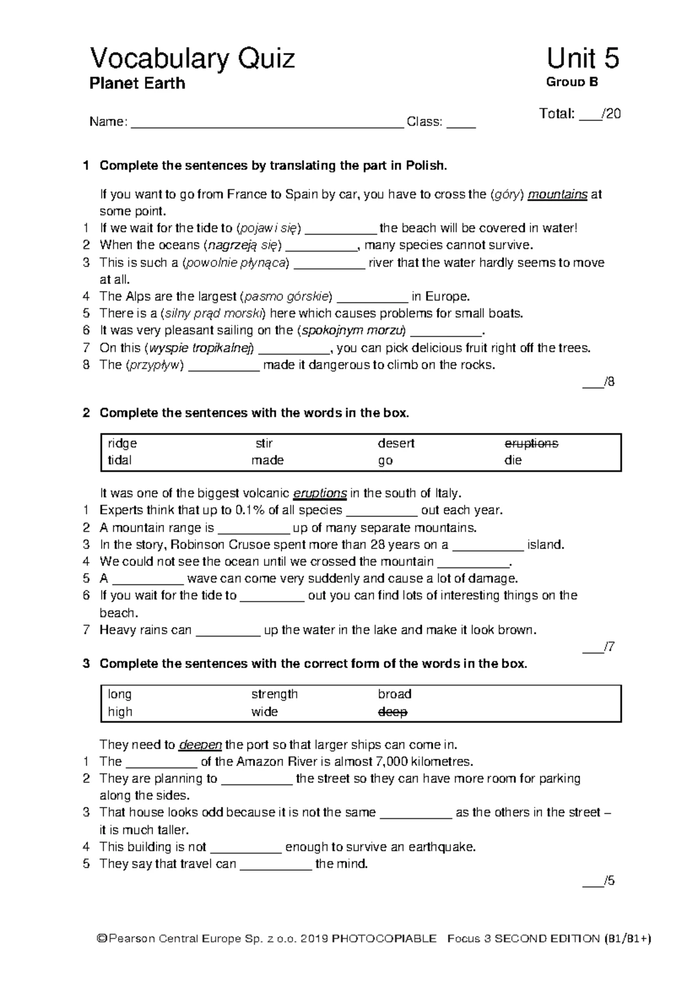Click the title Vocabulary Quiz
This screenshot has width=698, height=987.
click(192, 59)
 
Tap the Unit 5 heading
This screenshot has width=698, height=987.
click(582, 59)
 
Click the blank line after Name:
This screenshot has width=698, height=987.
click(268, 123)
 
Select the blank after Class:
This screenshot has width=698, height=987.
click(461, 123)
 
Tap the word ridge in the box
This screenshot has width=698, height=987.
click(122, 443)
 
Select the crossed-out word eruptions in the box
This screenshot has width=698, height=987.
click(531, 443)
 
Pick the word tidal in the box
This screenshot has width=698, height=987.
click(120, 460)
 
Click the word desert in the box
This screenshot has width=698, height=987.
click(396, 443)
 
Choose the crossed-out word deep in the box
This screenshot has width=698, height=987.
click(393, 712)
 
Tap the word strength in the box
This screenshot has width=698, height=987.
click(275, 694)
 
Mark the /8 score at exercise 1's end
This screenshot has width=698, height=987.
click(599, 382)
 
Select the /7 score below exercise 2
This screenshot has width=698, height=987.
click(599, 647)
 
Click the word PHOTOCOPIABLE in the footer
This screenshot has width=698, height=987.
click(383, 939)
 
